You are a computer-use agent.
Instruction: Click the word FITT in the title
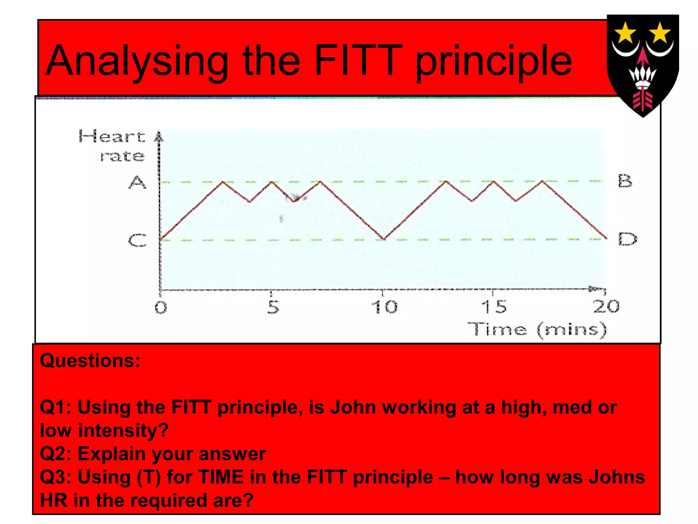tap(356, 61)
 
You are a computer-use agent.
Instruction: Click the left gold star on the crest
tap(625, 33)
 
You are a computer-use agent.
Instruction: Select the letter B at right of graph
tap(625, 181)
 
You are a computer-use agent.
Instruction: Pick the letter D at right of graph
tap(627, 239)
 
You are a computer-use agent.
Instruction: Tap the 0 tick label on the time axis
tap(161, 308)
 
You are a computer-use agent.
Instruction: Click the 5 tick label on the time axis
tap(273, 307)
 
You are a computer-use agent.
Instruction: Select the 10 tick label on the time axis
tap(384, 307)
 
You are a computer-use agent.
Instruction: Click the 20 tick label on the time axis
tap(606, 306)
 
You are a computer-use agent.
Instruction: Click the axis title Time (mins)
tap(537, 330)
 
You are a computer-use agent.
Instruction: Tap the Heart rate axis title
tap(112, 146)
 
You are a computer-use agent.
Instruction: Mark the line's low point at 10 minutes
tap(384, 239)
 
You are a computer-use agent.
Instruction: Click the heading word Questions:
tap(90, 361)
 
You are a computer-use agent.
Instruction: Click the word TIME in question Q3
tap(221, 477)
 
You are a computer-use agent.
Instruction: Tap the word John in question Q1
tap(353, 407)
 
